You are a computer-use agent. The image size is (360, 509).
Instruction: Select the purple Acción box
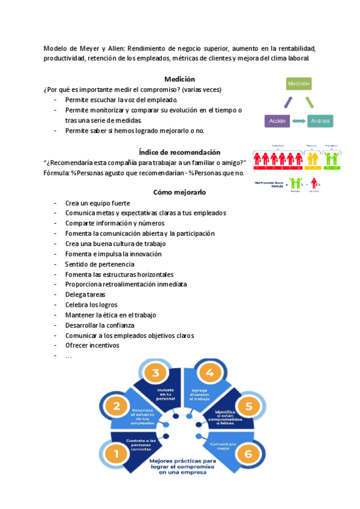(277, 121)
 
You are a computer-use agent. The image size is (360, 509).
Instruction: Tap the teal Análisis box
(320, 121)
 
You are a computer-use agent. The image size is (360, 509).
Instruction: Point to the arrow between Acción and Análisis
(298, 121)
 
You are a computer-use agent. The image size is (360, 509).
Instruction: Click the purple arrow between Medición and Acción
(287, 103)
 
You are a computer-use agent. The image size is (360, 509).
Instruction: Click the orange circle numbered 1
(116, 453)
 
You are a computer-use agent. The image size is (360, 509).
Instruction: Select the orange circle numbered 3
(155, 373)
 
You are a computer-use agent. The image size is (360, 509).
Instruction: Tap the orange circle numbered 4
(209, 373)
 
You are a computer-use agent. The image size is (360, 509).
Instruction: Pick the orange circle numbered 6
(248, 453)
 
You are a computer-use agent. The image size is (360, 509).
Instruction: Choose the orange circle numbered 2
(116, 406)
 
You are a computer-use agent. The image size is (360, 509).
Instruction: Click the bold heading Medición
(179, 79)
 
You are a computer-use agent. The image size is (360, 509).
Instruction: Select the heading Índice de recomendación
(179, 152)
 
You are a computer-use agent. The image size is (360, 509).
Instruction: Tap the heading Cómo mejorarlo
(179, 193)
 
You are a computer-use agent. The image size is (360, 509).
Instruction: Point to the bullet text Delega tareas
(85, 295)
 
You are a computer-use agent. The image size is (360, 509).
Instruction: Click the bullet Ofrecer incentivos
(92, 346)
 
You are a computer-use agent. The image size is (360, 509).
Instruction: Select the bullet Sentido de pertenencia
(99, 264)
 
